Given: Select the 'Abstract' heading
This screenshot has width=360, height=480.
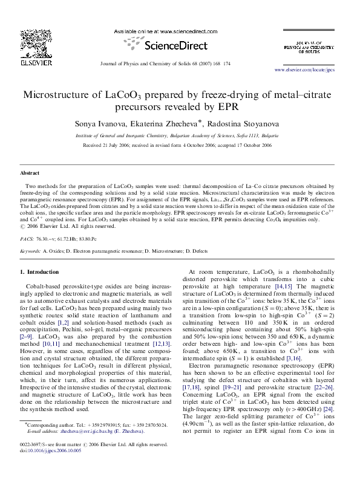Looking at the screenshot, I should (30, 173).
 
